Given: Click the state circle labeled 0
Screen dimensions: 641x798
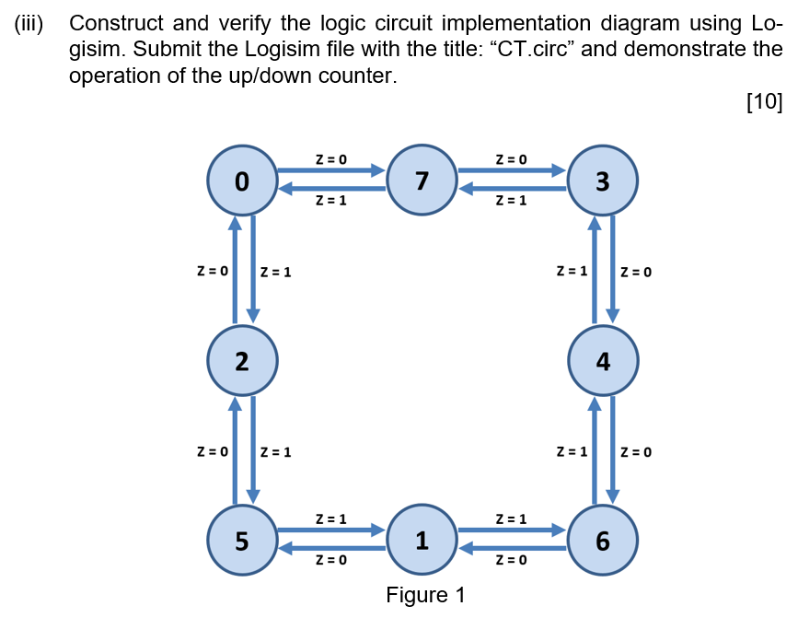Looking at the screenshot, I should click(240, 181).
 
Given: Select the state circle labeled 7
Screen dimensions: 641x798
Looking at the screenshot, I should click(421, 181).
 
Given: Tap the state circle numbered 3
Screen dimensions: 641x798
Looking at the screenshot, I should click(602, 181).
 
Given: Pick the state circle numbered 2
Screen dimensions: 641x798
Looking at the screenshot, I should click(240, 361).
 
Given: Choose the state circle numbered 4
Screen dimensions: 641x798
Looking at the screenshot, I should click(602, 361).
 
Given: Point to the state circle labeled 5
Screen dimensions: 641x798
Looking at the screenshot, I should click(240, 541).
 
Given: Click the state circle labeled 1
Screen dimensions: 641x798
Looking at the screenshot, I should click(421, 541).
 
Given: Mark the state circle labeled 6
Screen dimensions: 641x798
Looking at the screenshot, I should click(602, 541).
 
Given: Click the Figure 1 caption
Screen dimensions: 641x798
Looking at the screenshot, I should click(425, 595).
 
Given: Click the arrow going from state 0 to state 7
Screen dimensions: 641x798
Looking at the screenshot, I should click(330, 170).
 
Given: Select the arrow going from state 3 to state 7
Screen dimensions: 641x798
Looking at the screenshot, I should click(512, 189).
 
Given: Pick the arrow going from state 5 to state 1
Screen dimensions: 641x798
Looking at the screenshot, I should click(330, 530).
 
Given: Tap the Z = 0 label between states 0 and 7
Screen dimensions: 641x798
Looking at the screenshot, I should click(330, 159).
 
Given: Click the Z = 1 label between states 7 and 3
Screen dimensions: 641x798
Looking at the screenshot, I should click(511, 201).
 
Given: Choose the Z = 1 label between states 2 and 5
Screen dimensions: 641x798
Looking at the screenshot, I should click(276, 452).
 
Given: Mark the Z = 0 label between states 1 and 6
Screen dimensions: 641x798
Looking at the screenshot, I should click(511, 560).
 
